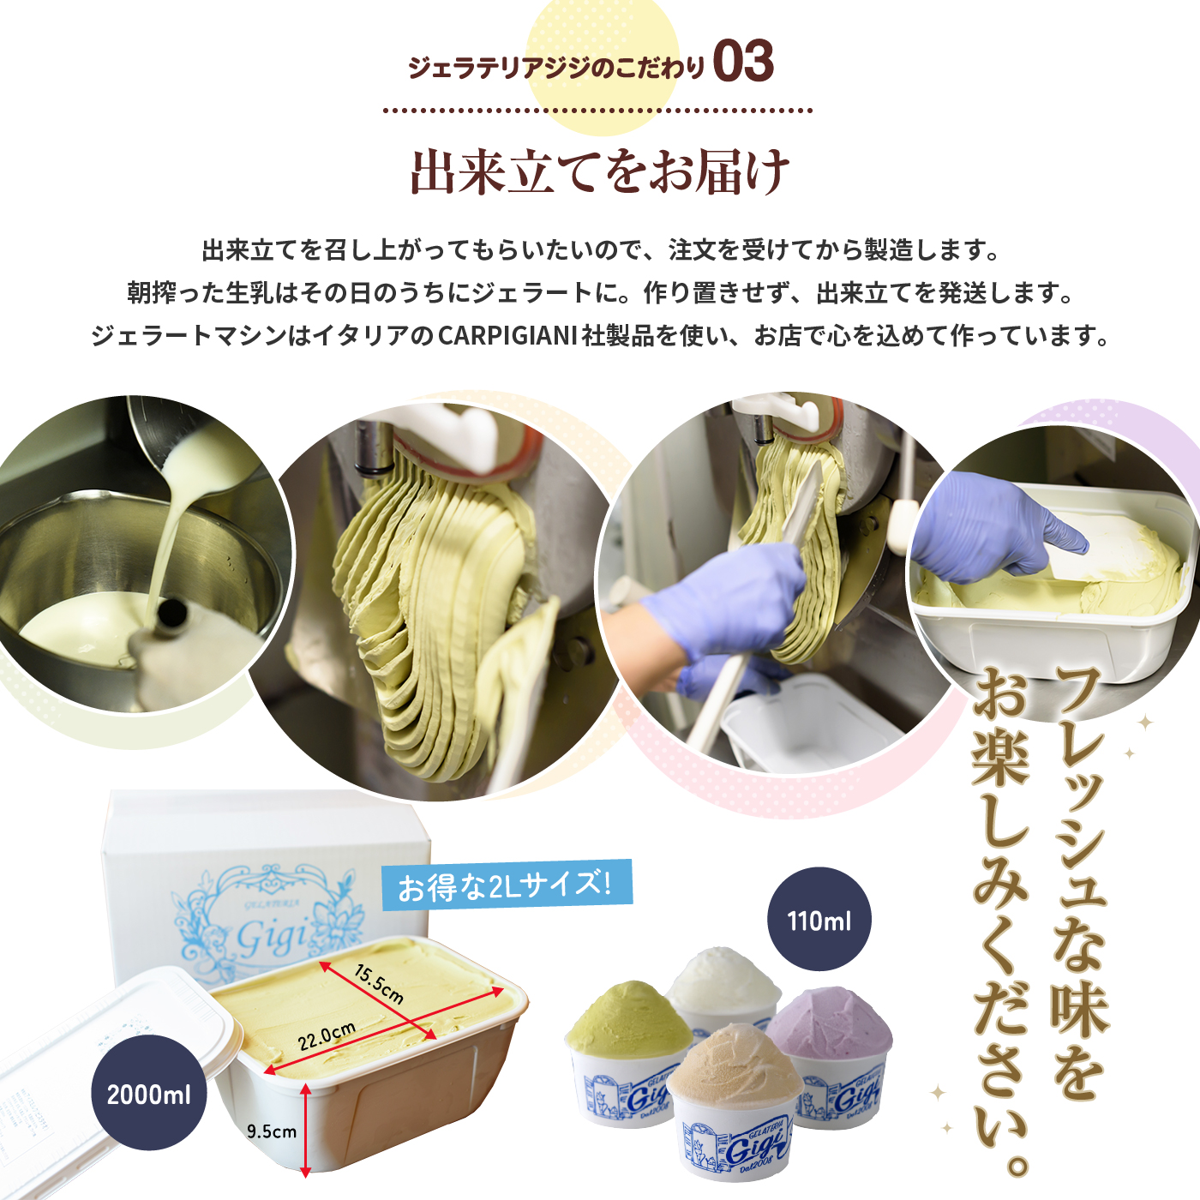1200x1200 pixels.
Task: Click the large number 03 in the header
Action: click(x=743, y=61)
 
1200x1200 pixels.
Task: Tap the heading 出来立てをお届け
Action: click(x=600, y=171)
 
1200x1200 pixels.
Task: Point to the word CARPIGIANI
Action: click(x=507, y=336)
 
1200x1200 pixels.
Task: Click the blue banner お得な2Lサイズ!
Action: click(x=506, y=885)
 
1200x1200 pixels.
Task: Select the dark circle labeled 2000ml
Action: click(x=149, y=1094)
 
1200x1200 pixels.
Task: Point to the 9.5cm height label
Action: click(x=272, y=1131)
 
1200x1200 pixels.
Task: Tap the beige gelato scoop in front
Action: click(x=735, y=1064)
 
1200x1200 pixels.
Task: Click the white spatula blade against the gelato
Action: click(x=802, y=504)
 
